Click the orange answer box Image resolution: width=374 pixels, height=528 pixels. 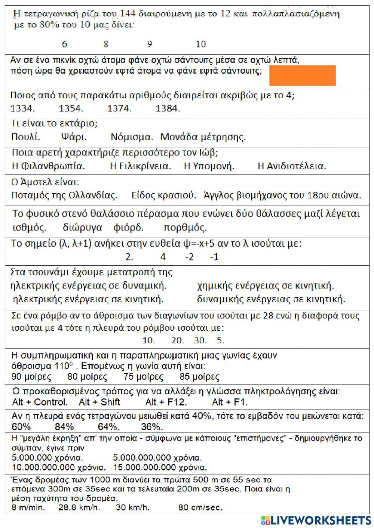[x=302, y=75]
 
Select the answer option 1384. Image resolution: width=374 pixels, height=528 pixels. [x=168, y=109]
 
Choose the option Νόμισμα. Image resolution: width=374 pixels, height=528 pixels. [x=132, y=137]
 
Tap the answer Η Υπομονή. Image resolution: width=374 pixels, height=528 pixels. [x=209, y=166]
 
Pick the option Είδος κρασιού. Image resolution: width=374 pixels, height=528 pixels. [x=164, y=195]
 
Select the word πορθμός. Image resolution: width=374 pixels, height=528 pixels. [x=185, y=228]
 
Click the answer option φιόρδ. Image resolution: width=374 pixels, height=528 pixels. [x=128, y=228]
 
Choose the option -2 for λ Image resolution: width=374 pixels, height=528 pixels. [x=189, y=257]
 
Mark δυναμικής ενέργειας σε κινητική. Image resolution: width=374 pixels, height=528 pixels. [x=271, y=299]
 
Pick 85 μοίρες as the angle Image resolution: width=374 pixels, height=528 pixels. [x=199, y=377]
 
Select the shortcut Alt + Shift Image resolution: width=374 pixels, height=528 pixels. [x=99, y=402]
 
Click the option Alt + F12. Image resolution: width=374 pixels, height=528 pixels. [x=166, y=402]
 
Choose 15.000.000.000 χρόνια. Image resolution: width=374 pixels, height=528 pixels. [x=160, y=467]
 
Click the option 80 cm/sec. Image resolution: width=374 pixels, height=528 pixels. [x=200, y=507]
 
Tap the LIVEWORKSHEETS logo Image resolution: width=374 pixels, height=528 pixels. [x=316, y=520]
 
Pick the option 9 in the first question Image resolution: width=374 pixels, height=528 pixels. [x=149, y=44]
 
